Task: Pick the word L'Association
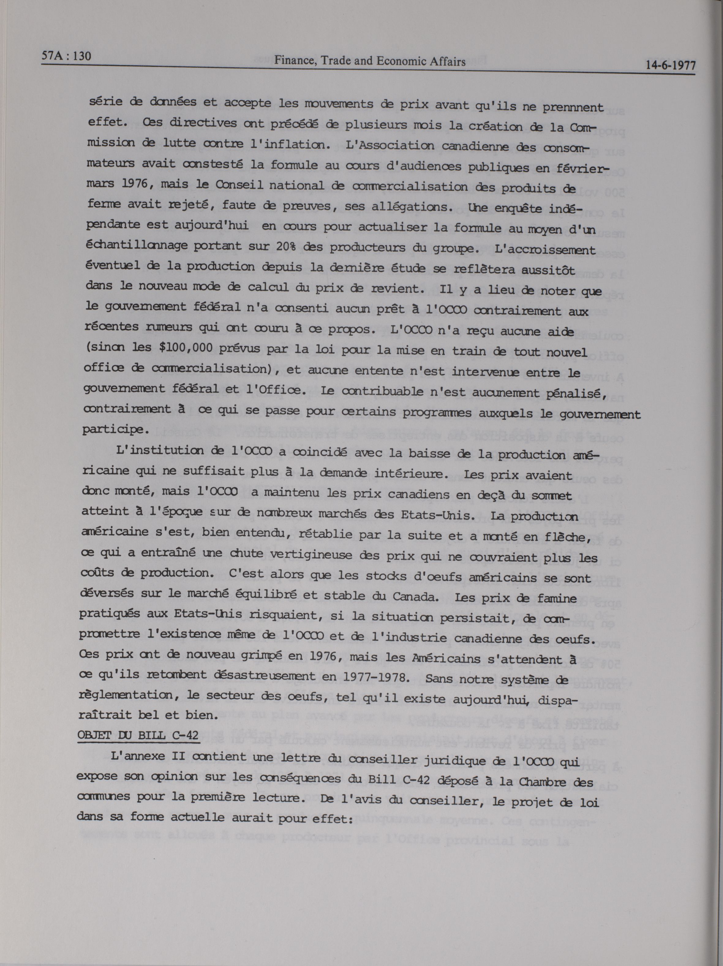[x=382, y=146]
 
